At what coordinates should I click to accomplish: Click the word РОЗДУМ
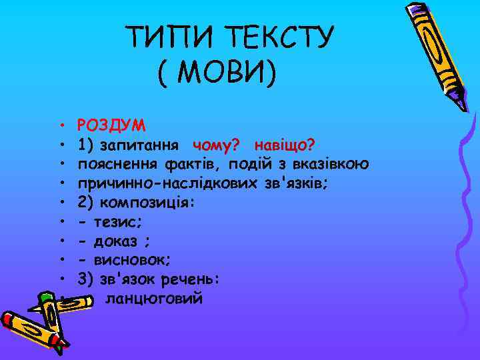tap(113, 125)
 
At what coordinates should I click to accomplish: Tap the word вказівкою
tap(333, 164)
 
